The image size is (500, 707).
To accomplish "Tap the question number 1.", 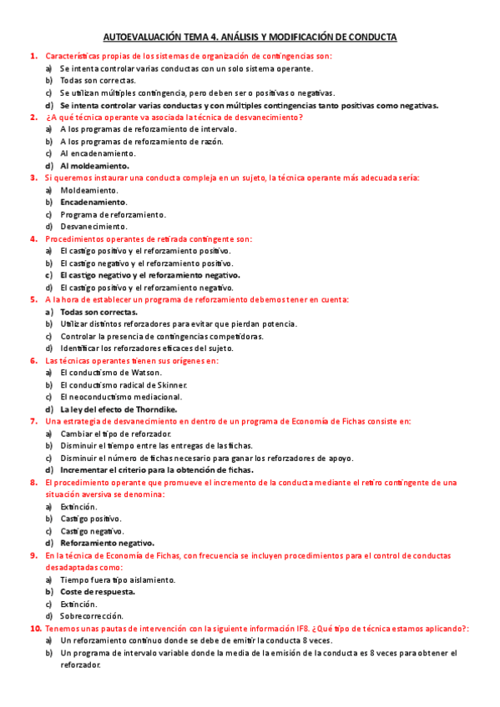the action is pos(33,56).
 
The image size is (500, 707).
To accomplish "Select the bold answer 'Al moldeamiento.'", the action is pos(93,166).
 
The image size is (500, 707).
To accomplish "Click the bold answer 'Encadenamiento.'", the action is pos(94,202).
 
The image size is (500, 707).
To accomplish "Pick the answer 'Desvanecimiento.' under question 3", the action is pos(94,227).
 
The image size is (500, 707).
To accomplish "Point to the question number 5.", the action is pos(33,299).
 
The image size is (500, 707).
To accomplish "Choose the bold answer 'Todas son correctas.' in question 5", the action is pos(98,312).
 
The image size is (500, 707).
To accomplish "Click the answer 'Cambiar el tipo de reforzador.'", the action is pos(115,434).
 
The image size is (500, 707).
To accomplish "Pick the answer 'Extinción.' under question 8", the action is pos(78,506).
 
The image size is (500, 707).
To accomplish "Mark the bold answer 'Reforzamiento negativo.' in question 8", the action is pos(107,543).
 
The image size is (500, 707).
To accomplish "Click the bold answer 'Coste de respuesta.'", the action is pos(98,591).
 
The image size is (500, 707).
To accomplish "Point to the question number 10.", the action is pos(35,629).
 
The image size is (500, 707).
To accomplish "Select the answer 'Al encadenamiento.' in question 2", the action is pos(98,153).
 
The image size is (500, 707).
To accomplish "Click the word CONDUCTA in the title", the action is pos(368,38).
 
